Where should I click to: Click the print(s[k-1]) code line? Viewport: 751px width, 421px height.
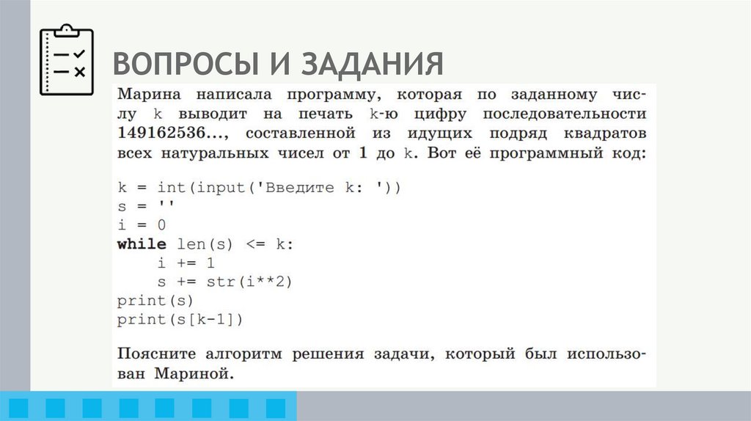click(x=180, y=319)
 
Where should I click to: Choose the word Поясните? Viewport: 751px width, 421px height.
click(x=156, y=354)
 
